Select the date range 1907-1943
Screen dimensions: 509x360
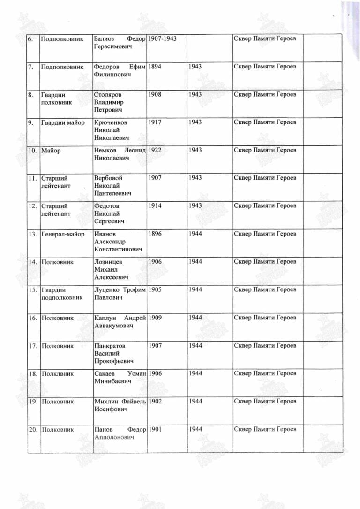[x=162, y=38]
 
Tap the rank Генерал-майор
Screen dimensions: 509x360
[x=63, y=234]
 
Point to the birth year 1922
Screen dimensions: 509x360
[x=155, y=150]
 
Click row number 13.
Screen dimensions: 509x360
[x=33, y=234]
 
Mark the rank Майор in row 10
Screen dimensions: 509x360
[x=51, y=150]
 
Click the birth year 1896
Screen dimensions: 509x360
[x=155, y=234]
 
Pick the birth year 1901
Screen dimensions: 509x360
[x=155, y=430]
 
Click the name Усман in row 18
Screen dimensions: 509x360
[x=136, y=374]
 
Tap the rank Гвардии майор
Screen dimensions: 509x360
[x=63, y=122]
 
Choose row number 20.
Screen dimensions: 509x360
[x=33, y=430]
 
